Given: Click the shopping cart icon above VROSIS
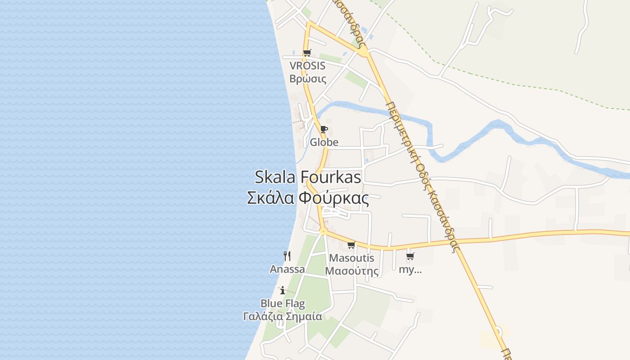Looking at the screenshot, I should click(307, 53).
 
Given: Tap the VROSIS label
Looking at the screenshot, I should click(307, 66).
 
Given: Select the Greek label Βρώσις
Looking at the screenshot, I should click(308, 78).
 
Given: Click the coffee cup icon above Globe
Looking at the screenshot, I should click(324, 130).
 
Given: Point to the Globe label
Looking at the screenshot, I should click(324, 142).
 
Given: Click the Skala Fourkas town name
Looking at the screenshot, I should click(308, 177).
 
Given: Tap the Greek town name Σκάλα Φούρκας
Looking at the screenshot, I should click(308, 198).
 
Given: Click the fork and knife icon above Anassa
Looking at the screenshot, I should click(287, 256).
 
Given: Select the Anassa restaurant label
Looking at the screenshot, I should click(287, 269).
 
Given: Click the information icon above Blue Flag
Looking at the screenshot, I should click(283, 290).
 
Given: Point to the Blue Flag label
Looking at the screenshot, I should click(283, 303).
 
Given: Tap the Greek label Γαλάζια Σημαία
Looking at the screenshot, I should click(283, 316).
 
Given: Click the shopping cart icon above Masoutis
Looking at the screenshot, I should click(351, 245).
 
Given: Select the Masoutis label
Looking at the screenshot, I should click(351, 258).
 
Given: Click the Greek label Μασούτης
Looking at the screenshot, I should click(351, 271).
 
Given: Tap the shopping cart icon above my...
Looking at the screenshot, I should click(410, 256).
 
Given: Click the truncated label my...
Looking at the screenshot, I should click(410, 270).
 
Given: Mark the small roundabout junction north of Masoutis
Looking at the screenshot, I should click(323, 231).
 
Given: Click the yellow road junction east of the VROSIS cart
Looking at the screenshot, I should click(364, 52).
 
